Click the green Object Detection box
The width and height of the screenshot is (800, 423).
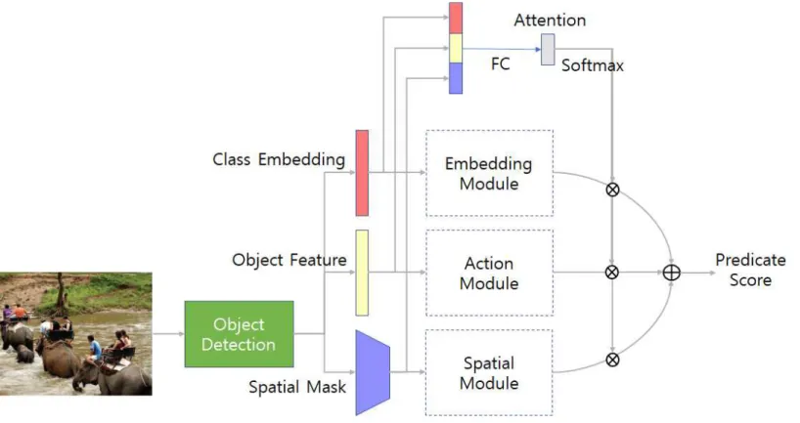point(239,334)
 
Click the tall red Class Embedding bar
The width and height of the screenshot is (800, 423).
point(362,173)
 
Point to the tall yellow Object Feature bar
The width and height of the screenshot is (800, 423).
point(362,273)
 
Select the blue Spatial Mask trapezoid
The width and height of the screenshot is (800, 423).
point(373,372)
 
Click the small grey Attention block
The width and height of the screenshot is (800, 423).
point(548,50)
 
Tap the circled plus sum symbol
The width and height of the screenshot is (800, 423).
point(672,273)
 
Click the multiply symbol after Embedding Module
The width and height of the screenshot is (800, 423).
point(612,190)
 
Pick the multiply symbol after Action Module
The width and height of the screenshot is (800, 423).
point(612,273)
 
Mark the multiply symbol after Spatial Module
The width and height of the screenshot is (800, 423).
point(612,360)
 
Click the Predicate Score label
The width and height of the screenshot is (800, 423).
point(750,270)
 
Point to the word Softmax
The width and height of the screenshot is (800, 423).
point(593,65)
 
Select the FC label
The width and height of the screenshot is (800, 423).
point(501,63)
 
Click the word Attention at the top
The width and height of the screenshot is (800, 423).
point(550,21)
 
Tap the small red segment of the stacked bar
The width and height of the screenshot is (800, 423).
point(456,19)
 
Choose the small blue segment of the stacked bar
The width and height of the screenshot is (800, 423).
point(456,78)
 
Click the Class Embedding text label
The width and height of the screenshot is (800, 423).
point(279,159)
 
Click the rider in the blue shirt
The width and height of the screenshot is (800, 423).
point(95,349)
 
